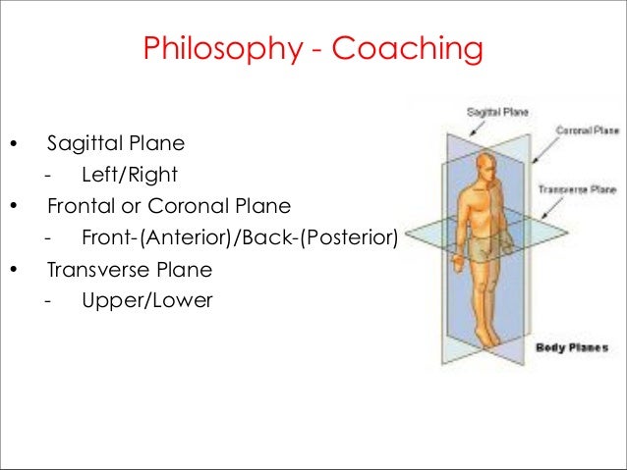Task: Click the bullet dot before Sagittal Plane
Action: [x=13, y=146]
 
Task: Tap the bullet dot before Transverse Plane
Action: [x=13, y=270]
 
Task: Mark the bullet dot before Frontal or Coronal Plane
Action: [x=13, y=208]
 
